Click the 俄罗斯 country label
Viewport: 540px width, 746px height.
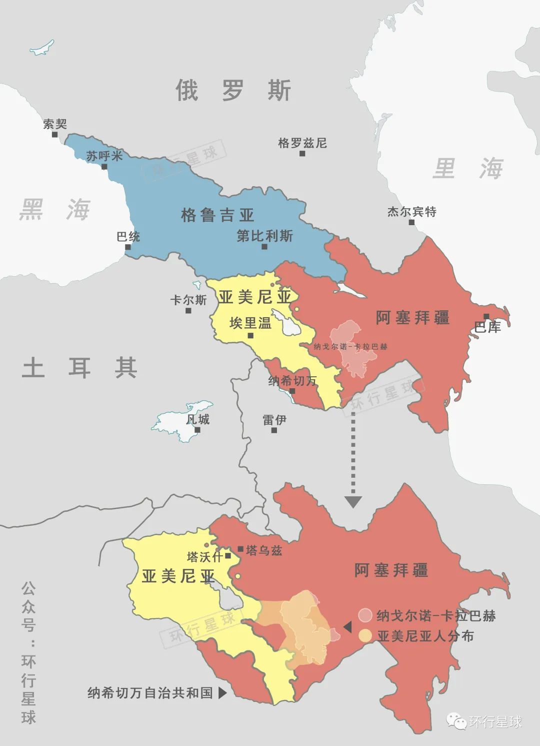tap(233, 91)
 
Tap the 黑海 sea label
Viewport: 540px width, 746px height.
tap(55, 209)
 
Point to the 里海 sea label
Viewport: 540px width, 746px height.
tap(467, 168)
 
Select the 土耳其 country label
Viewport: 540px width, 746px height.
tap(80, 368)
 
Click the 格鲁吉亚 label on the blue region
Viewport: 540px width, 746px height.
tap(217, 216)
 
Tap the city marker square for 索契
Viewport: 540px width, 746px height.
tap(55, 135)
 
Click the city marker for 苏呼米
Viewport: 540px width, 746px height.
tap(104, 167)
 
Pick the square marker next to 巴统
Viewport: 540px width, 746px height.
tap(128, 247)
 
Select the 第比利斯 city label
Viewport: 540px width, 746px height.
tap(264, 236)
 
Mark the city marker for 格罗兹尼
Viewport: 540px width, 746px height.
tap(302, 154)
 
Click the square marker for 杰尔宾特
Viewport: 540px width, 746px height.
tap(412, 222)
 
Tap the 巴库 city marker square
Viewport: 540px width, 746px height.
tap(486, 316)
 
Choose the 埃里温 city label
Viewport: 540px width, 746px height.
tap(250, 323)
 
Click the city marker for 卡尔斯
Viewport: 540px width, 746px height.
tap(188, 311)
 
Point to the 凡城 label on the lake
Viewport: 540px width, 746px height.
tap(197, 419)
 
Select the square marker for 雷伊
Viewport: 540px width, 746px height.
tap(274, 430)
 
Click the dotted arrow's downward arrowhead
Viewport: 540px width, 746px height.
tap(353, 501)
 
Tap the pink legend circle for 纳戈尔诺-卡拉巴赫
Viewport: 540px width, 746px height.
tap(365, 615)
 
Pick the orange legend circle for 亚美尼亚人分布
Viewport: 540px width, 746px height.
tap(365, 636)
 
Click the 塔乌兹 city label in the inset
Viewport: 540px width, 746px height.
tap(264, 551)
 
